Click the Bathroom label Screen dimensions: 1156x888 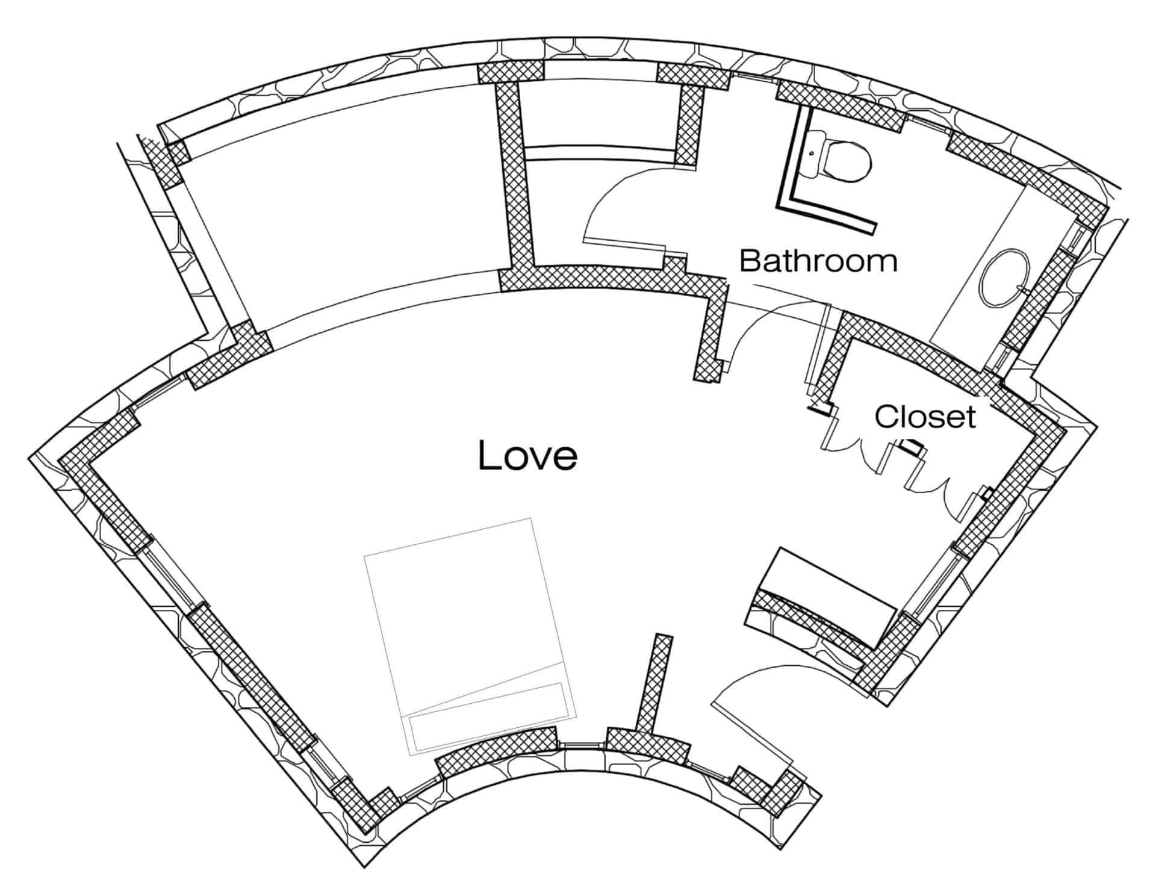tap(818, 261)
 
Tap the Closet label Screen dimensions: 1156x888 tap(925, 417)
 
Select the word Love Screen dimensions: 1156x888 tap(527, 455)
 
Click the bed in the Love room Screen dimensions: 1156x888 tap(470, 636)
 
